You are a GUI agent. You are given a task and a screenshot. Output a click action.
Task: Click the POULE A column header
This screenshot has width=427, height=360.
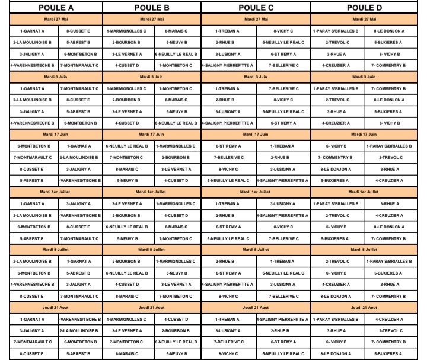pyautogui.click(x=52, y=8)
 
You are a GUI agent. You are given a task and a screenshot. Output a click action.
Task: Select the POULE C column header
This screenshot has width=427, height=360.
pyautogui.click(x=256, y=8)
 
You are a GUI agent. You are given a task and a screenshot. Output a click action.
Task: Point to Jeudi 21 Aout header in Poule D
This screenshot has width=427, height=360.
pyautogui.click(x=364, y=308)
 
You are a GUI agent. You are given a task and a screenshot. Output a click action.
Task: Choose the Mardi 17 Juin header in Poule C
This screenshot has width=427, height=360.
pyautogui.click(x=256, y=134)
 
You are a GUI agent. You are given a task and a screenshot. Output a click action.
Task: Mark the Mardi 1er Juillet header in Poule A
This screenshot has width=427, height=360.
pyautogui.click(x=52, y=192)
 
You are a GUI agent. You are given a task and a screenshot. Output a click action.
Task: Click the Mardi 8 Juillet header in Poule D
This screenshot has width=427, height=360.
pyautogui.click(x=364, y=250)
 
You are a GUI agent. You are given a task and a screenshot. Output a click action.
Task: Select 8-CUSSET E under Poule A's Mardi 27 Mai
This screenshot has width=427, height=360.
pyautogui.click(x=78, y=30)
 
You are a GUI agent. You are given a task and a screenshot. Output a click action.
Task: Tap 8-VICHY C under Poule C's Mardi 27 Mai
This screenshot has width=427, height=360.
pyautogui.click(x=283, y=30)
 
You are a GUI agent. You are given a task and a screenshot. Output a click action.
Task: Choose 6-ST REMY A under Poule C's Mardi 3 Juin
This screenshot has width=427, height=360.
pyautogui.click(x=283, y=123)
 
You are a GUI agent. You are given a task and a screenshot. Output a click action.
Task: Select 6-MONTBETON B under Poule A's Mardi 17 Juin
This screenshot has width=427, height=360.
pyautogui.click(x=26, y=146)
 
